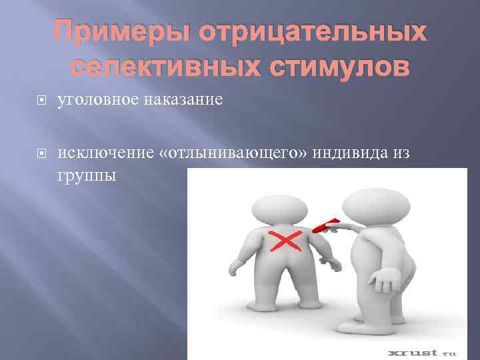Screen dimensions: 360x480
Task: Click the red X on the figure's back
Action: pyautogui.click(x=283, y=243)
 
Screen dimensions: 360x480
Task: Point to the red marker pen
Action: pyautogui.click(x=331, y=226)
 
